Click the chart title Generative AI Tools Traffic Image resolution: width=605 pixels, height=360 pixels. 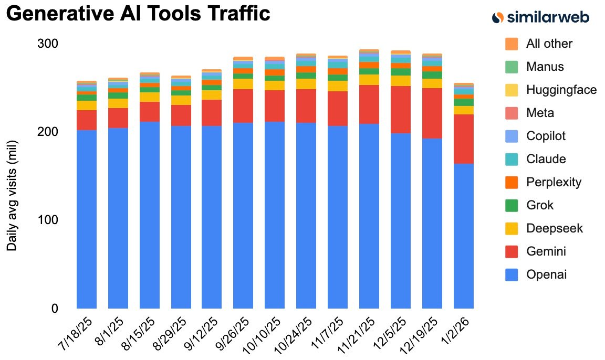tap(138, 13)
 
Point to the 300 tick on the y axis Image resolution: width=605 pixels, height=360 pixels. tap(47, 44)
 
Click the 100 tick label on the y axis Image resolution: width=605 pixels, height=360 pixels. tap(47, 220)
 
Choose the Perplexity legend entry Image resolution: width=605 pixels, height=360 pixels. tap(553, 182)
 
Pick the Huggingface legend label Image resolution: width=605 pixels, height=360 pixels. tap(561, 90)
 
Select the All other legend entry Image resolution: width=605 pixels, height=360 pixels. tap(549, 44)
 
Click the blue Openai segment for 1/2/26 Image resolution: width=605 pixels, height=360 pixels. tap(464, 236)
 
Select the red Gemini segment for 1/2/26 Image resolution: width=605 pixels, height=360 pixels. tap(464, 139)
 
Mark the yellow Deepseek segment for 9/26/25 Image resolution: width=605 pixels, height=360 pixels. tap(243, 84)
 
